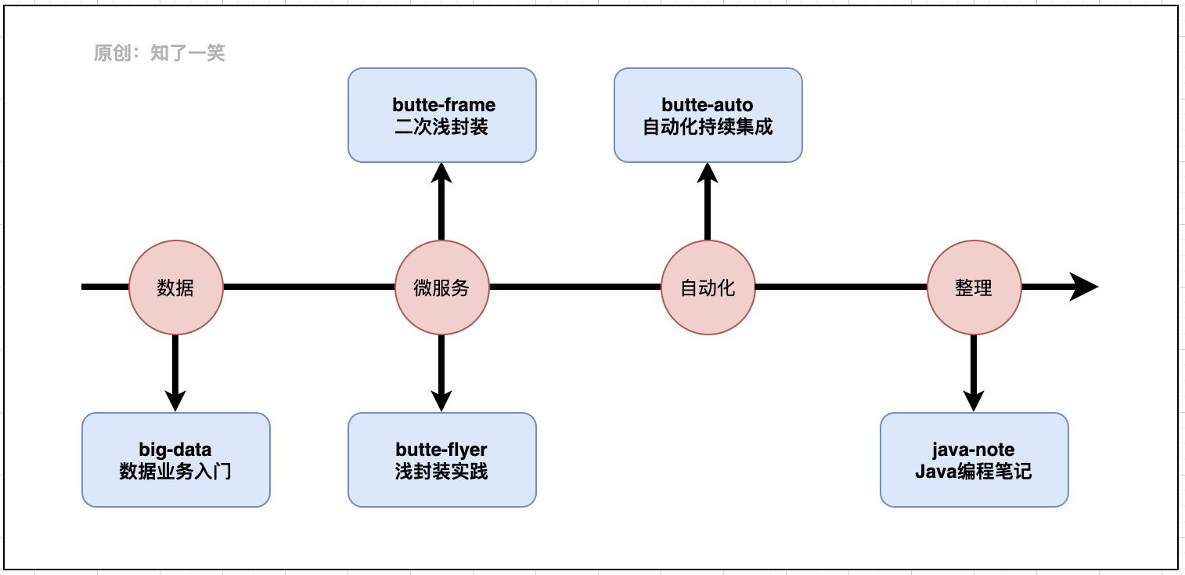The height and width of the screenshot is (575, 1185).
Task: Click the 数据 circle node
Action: coord(175,287)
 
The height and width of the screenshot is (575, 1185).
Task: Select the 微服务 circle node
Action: coord(441,287)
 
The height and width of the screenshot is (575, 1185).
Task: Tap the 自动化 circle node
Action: coord(708,287)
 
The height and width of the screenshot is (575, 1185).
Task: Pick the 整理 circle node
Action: coord(974,287)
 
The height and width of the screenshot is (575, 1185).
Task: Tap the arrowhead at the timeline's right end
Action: coord(1084,287)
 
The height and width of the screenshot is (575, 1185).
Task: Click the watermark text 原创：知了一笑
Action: coord(160,53)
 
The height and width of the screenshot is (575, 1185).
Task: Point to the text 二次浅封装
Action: coord(441,127)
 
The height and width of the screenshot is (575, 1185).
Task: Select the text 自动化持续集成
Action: coord(708,127)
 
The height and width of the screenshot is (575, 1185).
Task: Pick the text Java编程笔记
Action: coord(974,472)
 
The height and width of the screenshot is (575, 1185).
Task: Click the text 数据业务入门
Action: coord(175,472)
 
